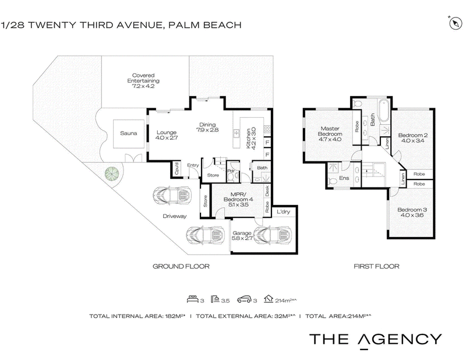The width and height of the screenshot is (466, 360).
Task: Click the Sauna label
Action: coord(128,133)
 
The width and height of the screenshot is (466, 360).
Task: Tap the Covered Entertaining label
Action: coord(143,80)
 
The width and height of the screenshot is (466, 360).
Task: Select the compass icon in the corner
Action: coord(455,23)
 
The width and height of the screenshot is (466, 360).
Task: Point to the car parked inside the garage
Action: coord(272,235)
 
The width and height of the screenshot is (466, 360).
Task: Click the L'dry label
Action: coord(283,211)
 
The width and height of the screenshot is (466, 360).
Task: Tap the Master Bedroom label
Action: coord(330,134)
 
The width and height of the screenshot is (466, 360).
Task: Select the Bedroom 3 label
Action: coord(412,212)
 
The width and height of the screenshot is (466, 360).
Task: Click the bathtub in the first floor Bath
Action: coord(383,111)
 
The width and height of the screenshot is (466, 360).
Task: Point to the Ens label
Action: coord(344,178)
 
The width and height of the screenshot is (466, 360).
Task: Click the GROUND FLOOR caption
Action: coord(181,266)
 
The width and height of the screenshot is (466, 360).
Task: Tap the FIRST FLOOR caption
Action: coord(376,266)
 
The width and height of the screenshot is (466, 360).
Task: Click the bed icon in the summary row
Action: coord(193,299)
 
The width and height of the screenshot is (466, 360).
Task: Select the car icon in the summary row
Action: coord(244,299)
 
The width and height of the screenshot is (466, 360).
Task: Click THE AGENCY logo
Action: coord(376,340)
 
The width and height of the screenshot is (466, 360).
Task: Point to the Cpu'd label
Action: coord(176,168)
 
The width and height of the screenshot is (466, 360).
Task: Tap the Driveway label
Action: coord(174,216)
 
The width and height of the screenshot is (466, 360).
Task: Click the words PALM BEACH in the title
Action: coord(205,25)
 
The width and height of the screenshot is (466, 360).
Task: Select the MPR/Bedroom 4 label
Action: coord(238,199)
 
